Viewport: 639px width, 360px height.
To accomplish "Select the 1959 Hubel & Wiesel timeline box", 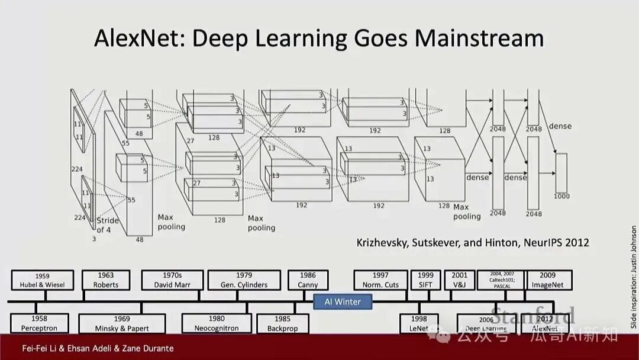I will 42,280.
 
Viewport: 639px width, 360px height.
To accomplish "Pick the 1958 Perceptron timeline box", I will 39,323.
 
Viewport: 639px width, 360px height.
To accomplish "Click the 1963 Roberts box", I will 106,280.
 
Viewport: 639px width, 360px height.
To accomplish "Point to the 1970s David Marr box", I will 173,280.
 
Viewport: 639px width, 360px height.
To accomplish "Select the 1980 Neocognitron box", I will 217,323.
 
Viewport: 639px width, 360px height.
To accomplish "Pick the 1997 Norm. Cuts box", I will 380,280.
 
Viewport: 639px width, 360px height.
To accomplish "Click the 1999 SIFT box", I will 425,280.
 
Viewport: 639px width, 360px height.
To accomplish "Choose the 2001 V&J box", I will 459,280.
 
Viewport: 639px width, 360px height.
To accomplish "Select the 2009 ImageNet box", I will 548,280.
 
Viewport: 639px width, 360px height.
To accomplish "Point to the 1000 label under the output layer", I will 561,196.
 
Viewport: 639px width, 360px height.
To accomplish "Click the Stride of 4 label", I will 108,225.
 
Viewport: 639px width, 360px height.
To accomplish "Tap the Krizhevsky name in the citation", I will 385,243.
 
